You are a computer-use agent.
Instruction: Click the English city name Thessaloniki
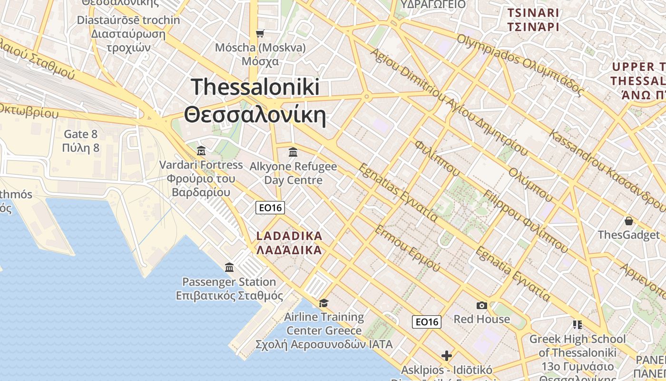tap(255, 88)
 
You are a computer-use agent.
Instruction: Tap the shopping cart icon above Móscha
tap(260, 33)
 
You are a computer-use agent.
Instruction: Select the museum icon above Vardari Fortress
tap(201, 151)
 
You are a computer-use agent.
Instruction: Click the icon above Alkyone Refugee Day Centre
tap(293, 152)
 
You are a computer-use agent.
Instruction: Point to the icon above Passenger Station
tap(229, 267)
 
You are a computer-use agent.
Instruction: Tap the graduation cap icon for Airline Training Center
tap(323, 303)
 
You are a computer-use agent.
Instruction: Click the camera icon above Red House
tap(481, 305)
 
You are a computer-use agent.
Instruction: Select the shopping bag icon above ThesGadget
tap(629, 221)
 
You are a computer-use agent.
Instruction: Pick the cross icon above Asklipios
tap(446, 355)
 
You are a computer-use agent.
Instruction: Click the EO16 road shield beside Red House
tap(427, 322)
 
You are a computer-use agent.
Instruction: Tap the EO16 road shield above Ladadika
tap(270, 208)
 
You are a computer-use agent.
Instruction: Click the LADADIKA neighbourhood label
tap(289, 236)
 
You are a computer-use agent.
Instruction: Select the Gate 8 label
tap(81, 134)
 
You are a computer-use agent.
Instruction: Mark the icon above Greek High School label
tap(578, 325)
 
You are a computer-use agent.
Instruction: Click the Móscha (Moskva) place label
tap(260, 48)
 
